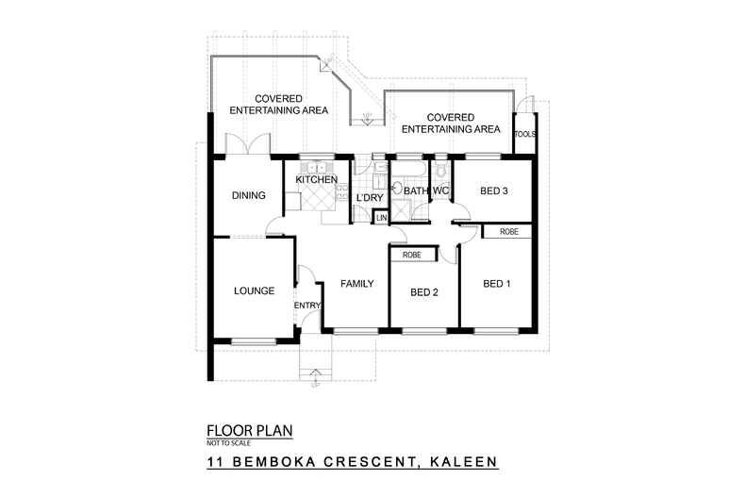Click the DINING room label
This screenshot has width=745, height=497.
pyautogui.click(x=249, y=196)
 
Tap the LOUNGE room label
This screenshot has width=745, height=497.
pyautogui.click(x=254, y=291)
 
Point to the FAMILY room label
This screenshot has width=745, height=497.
pyautogui.click(x=357, y=283)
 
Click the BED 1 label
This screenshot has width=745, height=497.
pyautogui.click(x=498, y=284)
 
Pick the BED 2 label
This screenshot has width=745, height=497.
pyautogui.click(x=425, y=291)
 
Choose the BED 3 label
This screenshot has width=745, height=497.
pyautogui.click(x=494, y=191)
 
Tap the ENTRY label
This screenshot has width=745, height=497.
pyautogui.click(x=308, y=306)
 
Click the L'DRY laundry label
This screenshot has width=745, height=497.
pyautogui.click(x=368, y=197)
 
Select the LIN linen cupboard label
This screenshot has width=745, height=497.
pyautogui.click(x=381, y=219)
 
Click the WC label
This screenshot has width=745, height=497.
pyautogui.click(x=440, y=191)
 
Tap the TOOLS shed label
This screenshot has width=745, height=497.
pyautogui.click(x=525, y=134)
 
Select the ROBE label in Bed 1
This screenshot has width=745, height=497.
pyautogui.click(x=509, y=231)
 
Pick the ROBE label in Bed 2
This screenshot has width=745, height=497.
pyautogui.click(x=412, y=255)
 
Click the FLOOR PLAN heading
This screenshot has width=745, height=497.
pyautogui.click(x=249, y=431)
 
